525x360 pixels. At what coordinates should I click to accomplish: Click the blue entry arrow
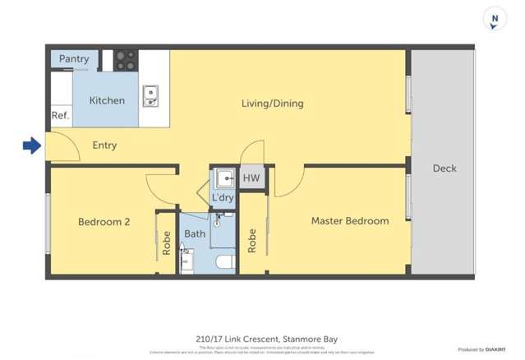(31, 146)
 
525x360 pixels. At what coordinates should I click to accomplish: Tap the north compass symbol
(494, 20)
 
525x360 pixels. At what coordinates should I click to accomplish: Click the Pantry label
(74, 59)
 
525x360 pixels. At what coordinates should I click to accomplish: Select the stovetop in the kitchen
(125, 59)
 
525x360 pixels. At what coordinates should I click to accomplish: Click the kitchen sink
(150, 96)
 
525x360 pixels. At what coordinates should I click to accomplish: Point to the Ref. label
(60, 116)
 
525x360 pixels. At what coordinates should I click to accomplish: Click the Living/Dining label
(272, 104)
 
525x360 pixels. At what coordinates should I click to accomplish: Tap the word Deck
(444, 168)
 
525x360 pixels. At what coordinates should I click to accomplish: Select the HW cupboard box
(251, 178)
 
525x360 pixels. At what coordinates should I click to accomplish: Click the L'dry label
(223, 199)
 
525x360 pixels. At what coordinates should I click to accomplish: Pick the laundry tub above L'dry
(223, 178)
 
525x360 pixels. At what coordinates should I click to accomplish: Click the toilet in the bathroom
(223, 262)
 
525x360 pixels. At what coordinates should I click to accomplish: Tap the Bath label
(195, 234)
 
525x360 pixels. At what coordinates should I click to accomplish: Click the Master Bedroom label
(349, 221)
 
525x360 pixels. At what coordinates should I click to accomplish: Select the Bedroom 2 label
(104, 222)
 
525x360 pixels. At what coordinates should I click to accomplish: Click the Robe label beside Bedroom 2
(167, 242)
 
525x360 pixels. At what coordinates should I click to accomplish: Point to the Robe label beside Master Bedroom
(252, 239)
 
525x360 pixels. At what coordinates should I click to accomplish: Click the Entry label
(104, 145)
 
